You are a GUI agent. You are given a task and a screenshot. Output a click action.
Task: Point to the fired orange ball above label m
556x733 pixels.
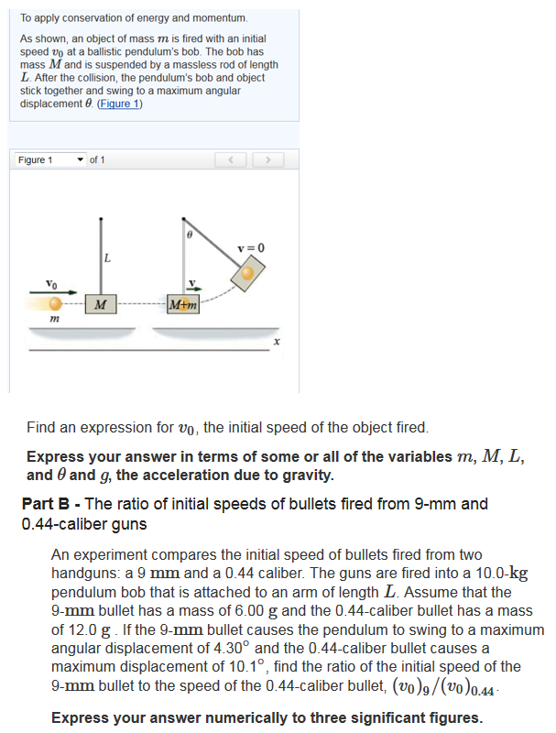[56, 302]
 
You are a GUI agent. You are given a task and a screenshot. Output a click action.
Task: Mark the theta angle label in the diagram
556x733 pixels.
[189, 235]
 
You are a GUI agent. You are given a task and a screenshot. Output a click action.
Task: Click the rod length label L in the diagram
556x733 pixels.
[108, 258]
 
